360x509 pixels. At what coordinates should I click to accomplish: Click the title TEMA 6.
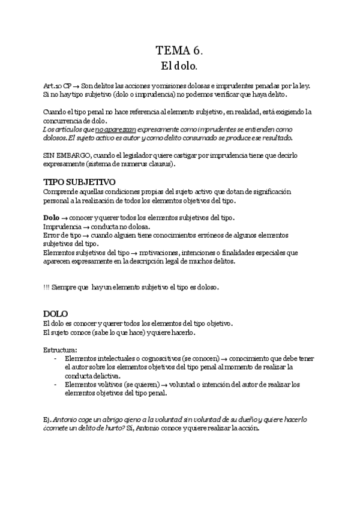pyautogui.click(x=179, y=50)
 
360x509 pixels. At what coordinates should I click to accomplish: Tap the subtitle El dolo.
pyautogui.click(x=179, y=65)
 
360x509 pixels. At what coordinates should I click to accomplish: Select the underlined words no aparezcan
pyautogui.click(x=116, y=129)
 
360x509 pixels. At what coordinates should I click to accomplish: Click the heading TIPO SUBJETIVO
pyautogui.click(x=80, y=182)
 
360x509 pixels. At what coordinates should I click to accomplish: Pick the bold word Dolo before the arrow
pyautogui.click(x=52, y=217)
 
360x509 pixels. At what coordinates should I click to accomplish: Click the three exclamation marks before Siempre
pyautogui.click(x=46, y=287)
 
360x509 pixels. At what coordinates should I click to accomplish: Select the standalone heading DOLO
pyautogui.click(x=56, y=313)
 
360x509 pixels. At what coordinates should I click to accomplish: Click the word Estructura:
pyautogui.click(x=60, y=349)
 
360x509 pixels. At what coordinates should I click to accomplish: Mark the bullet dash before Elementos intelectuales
pyautogui.click(x=56, y=358)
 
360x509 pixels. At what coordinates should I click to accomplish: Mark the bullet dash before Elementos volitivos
pyautogui.click(x=56, y=385)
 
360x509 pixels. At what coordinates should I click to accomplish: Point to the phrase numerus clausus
pyautogui.click(x=147, y=164)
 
